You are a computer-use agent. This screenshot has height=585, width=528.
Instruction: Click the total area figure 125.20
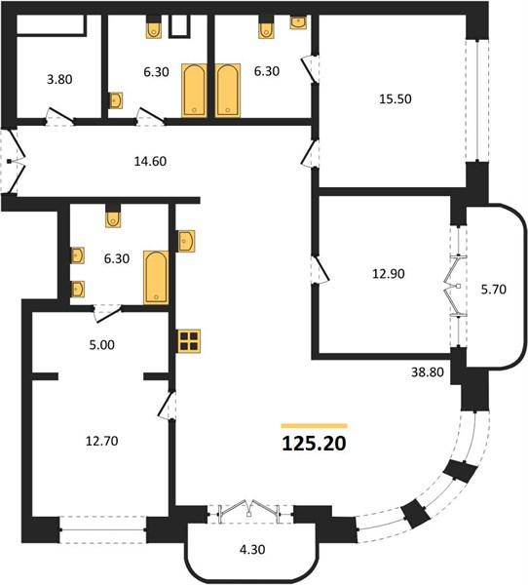(x=315, y=444)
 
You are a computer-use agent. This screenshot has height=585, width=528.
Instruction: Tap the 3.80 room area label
(x=59, y=80)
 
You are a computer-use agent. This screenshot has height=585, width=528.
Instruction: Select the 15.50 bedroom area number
(x=396, y=98)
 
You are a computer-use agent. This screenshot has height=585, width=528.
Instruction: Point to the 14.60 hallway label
(x=150, y=161)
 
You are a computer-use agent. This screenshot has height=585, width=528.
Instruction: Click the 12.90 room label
(x=389, y=274)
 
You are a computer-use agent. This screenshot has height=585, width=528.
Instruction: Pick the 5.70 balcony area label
(x=494, y=290)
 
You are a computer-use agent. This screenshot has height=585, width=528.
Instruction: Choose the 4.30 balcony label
(x=252, y=550)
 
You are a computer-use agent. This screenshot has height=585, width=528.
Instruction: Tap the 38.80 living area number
(x=428, y=372)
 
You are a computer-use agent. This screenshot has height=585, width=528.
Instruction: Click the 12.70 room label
(x=101, y=441)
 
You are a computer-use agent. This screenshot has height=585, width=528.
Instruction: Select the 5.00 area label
(x=101, y=345)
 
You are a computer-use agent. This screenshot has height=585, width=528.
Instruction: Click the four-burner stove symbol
(x=189, y=341)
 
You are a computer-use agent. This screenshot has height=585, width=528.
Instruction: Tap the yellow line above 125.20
(x=315, y=426)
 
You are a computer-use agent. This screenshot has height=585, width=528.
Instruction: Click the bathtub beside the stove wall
(x=156, y=278)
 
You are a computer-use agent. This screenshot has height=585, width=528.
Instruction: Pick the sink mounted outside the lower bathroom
(x=186, y=242)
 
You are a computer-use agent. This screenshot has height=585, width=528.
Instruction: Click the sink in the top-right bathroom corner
(x=298, y=22)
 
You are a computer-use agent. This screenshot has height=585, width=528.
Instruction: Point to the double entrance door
(x=13, y=162)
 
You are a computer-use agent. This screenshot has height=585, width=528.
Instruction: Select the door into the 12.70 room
(x=167, y=406)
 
